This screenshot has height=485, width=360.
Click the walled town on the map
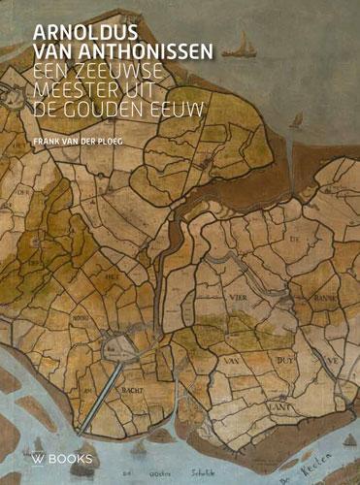[x=124, y=342]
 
